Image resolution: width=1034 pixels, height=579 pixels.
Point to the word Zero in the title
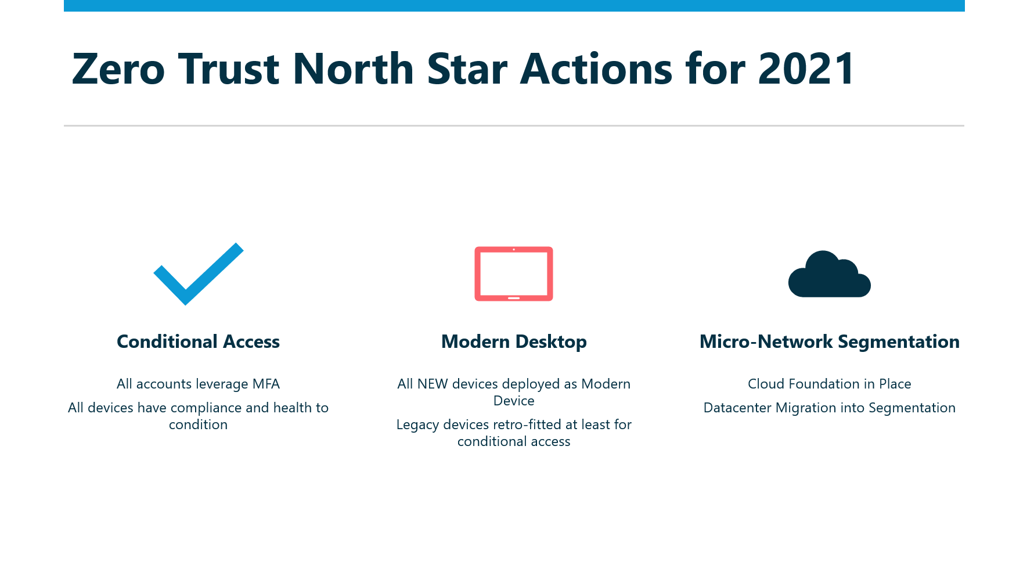pos(118,69)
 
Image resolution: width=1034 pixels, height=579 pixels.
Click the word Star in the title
pos(467,69)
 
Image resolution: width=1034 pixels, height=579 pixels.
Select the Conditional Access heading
pos(198,341)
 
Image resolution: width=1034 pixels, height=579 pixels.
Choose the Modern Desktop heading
pos(514,342)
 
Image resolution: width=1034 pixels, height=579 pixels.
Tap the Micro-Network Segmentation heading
pos(829,342)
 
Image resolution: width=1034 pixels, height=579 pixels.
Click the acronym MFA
pos(266,384)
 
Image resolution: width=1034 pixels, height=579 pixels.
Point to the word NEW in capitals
pos(433,384)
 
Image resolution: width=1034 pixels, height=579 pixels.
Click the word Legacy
pos(417,425)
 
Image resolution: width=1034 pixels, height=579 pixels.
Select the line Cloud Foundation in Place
pos(829,384)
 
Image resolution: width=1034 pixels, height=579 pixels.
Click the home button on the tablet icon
pos(514,298)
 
